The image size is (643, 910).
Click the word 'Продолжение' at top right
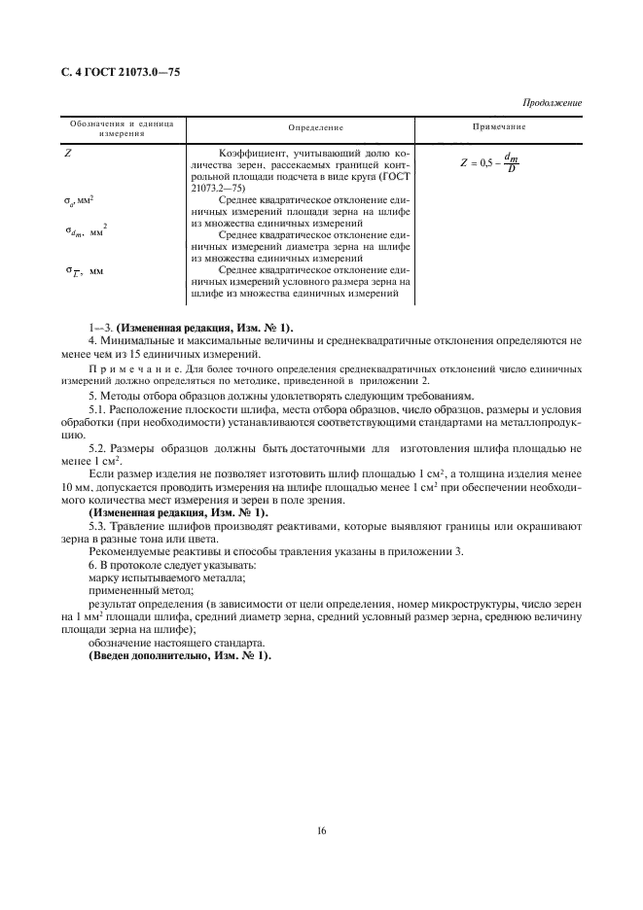(552, 102)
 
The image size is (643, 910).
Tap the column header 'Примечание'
(499, 126)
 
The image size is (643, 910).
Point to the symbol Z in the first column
(69, 153)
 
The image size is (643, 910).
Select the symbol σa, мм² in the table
(80, 200)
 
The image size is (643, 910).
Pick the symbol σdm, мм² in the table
(86, 231)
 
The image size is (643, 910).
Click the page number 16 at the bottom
(321, 829)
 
